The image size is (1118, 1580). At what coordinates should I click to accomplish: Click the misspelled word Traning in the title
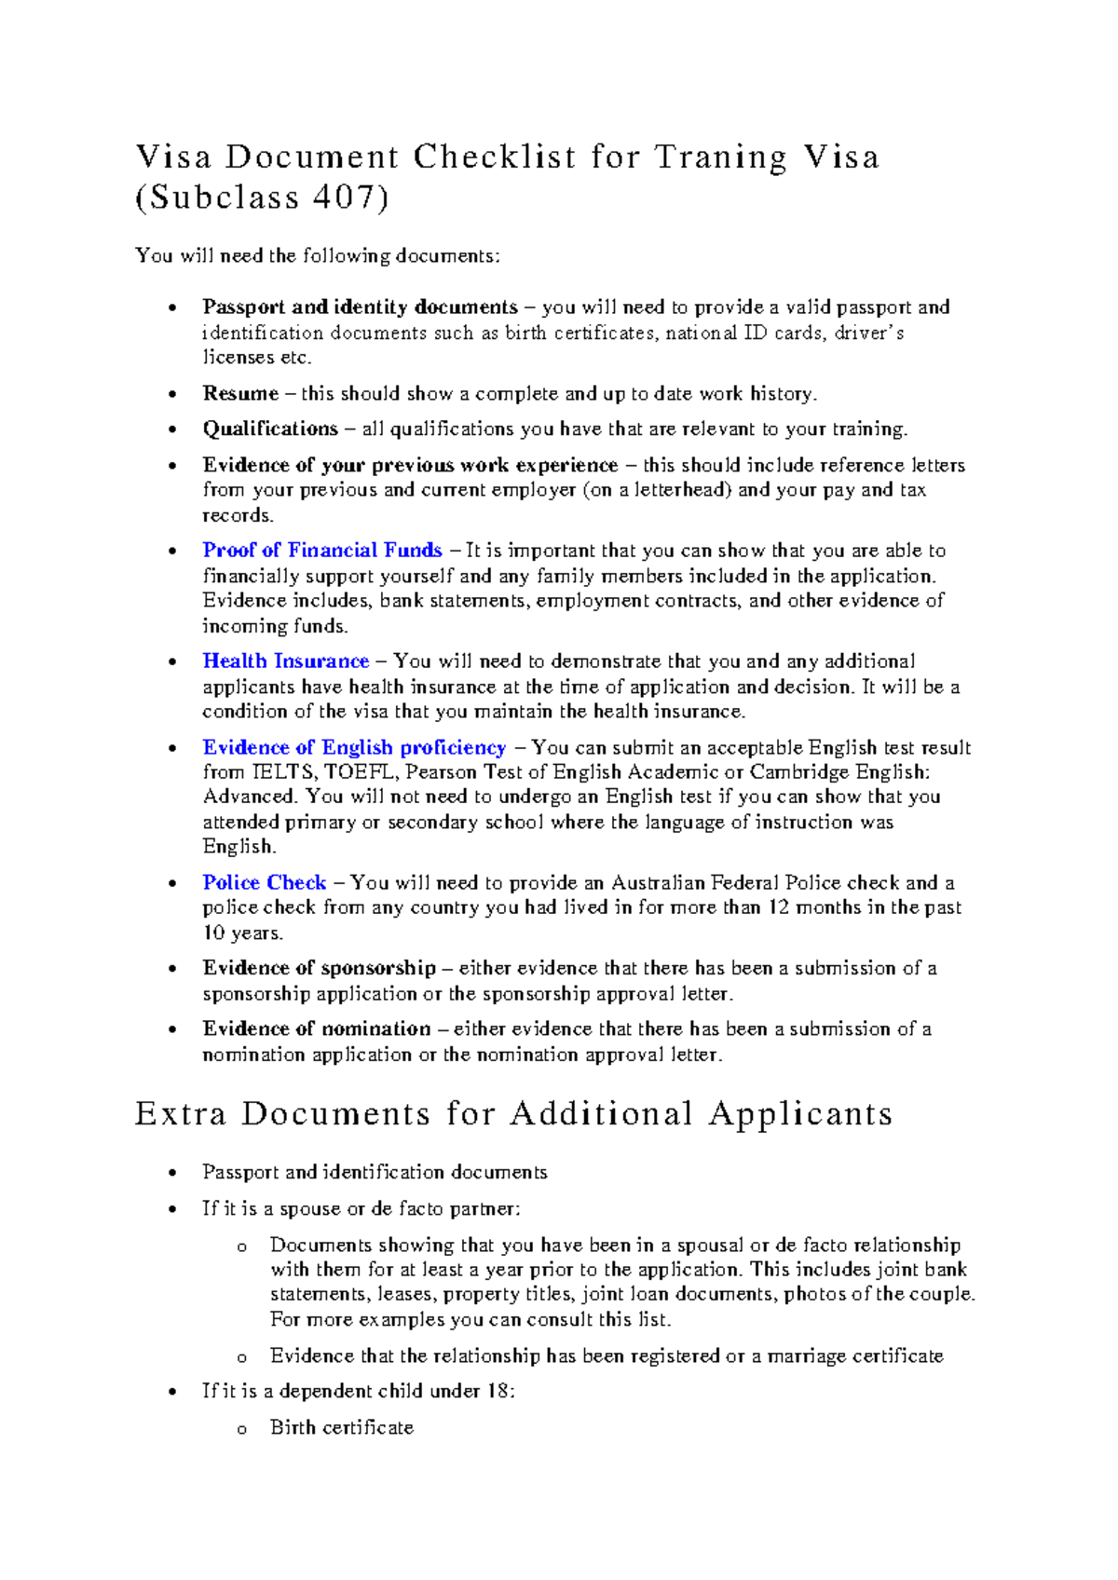pos(720,157)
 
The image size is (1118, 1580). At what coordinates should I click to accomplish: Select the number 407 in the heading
pos(345,198)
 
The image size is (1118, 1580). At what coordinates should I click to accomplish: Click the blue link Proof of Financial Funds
pos(322,551)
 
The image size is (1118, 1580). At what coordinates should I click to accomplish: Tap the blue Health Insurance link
pos(286,661)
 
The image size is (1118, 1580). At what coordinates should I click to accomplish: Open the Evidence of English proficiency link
pos(354,748)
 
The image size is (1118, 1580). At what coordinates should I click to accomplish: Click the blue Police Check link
pos(265,883)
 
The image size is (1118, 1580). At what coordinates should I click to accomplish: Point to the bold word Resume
pos(240,394)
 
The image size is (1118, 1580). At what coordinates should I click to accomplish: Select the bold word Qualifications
pos(270,429)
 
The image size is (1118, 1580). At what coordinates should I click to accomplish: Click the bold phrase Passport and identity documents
pos(360,307)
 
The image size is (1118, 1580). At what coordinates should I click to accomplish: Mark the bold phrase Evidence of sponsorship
pos(320,969)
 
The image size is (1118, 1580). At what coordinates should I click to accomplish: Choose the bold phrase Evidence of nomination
pos(317,1029)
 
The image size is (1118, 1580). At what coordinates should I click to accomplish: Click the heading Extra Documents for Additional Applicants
pos(513,1114)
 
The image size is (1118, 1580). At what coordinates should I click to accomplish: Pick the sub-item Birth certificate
pos(341,1428)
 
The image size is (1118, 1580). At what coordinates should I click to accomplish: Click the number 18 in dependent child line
pos(496,1392)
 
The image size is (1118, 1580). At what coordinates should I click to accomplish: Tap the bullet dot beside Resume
pos(171,395)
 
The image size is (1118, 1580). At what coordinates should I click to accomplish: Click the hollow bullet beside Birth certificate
pos(241,1430)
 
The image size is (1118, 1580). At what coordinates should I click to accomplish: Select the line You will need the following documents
pos(318,256)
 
